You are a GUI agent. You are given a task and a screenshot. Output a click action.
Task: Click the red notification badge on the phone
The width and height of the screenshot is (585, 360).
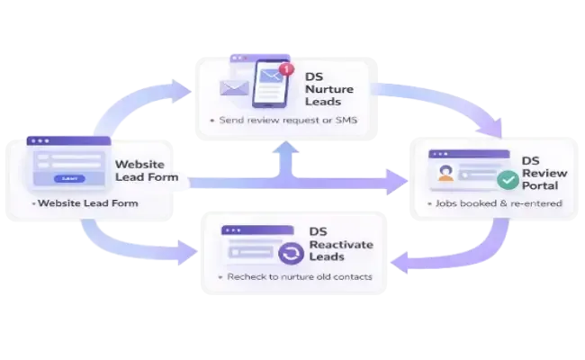tap(287, 67)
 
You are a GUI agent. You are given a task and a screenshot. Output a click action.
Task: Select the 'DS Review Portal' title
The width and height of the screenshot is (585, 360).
tap(540, 173)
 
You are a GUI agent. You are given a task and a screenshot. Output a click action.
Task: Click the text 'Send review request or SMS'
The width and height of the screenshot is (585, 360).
tap(285, 120)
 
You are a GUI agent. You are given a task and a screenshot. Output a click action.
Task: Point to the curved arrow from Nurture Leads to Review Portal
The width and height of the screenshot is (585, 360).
tap(450, 99)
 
